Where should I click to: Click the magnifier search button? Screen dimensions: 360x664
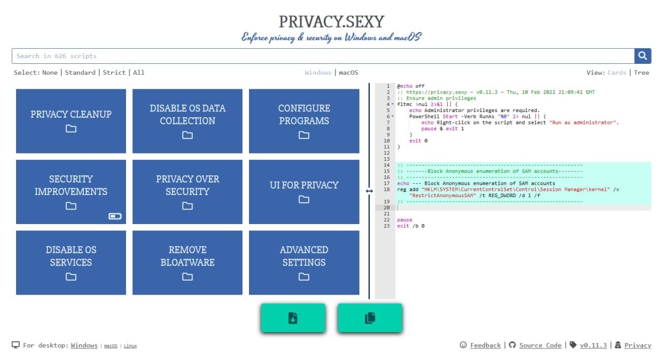click(642, 56)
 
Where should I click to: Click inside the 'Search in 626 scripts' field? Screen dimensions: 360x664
click(322, 56)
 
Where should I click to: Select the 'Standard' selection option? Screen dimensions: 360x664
click(80, 73)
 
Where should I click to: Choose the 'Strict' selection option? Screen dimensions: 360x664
click(114, 73)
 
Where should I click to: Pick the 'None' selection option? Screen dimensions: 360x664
click(50, 73)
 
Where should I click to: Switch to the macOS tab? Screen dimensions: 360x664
click(349, 73)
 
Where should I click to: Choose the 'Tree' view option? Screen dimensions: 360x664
click(641, 73)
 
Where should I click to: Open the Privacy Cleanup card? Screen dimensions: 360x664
click(71, 121)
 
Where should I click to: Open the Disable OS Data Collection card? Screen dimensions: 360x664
click(187, 121)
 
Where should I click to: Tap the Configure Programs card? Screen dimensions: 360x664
click(304, 121)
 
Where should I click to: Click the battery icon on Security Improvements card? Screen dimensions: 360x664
click(115, 216)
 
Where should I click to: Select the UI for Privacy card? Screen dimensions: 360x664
click(304, 191)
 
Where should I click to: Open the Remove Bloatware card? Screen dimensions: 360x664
click(187, 262)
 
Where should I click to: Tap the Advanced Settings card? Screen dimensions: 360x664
click(304, 262)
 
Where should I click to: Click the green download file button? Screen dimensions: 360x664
click(293, 318)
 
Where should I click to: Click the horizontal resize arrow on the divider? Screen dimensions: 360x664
click(369, 191)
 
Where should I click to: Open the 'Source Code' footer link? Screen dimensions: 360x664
click(540, 345)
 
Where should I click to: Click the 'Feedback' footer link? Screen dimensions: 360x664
click(485, 345)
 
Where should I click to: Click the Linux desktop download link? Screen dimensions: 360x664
click(130, 346)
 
